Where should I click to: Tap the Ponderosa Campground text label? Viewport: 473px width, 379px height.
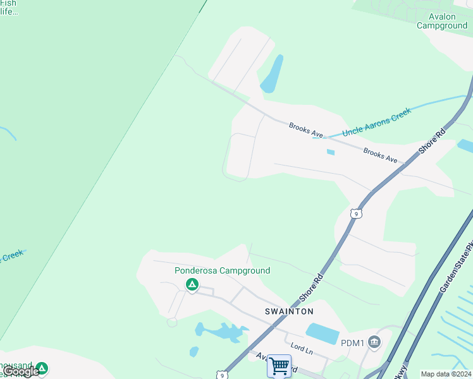click(222, 271)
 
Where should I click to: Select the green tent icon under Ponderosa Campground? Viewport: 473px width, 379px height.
click(192, 286)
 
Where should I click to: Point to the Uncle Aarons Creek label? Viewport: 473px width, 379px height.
click(377, 122)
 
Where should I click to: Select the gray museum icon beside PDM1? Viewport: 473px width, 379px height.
click(374, 342)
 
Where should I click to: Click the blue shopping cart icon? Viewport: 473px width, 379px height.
click(279, 366)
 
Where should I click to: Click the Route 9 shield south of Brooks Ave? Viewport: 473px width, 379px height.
click(357, 214)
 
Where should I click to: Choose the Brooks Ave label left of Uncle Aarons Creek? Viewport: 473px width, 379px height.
click(306, 130)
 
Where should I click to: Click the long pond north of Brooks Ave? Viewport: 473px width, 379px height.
click(272, 75)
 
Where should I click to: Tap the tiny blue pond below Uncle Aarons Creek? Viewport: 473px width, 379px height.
click(330, 152)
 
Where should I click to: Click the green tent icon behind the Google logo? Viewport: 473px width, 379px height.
click(42, 368)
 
